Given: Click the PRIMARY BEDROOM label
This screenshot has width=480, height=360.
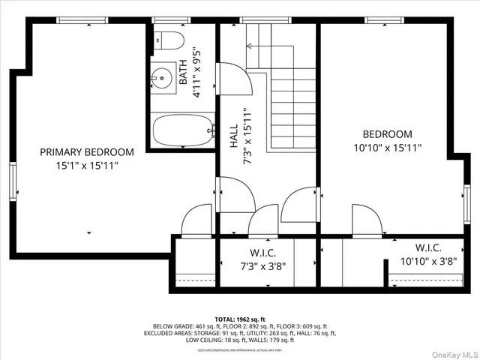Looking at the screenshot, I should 87,151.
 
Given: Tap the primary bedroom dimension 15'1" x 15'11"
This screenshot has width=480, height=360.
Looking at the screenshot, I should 87,164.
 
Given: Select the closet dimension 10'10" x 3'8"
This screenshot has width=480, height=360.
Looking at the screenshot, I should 427,261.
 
